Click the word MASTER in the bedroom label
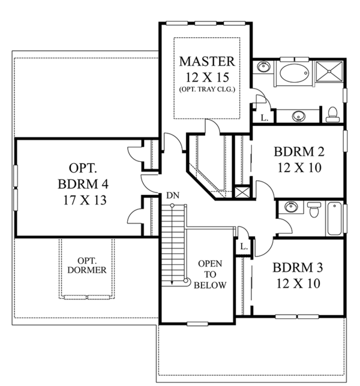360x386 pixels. pyautogui.click(x=207, y=62)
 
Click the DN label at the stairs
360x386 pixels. pyautogui.click(x=172, y=195)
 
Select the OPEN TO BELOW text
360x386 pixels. pyautogui.click(x=212, y=274)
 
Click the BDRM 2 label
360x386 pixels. pyautogui.click(x=298, y=151)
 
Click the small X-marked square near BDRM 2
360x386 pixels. pyautogui.click(x=242, y=193)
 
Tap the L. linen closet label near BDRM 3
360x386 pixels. pyautogui.click(x=244, y=246)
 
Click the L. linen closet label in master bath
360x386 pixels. pyautogui.click(x=264, y=117)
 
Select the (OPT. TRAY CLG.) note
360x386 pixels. pyautogui.click(x=207, y=89)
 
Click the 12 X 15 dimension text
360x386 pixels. pyautogui.click(x=207, y=76)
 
